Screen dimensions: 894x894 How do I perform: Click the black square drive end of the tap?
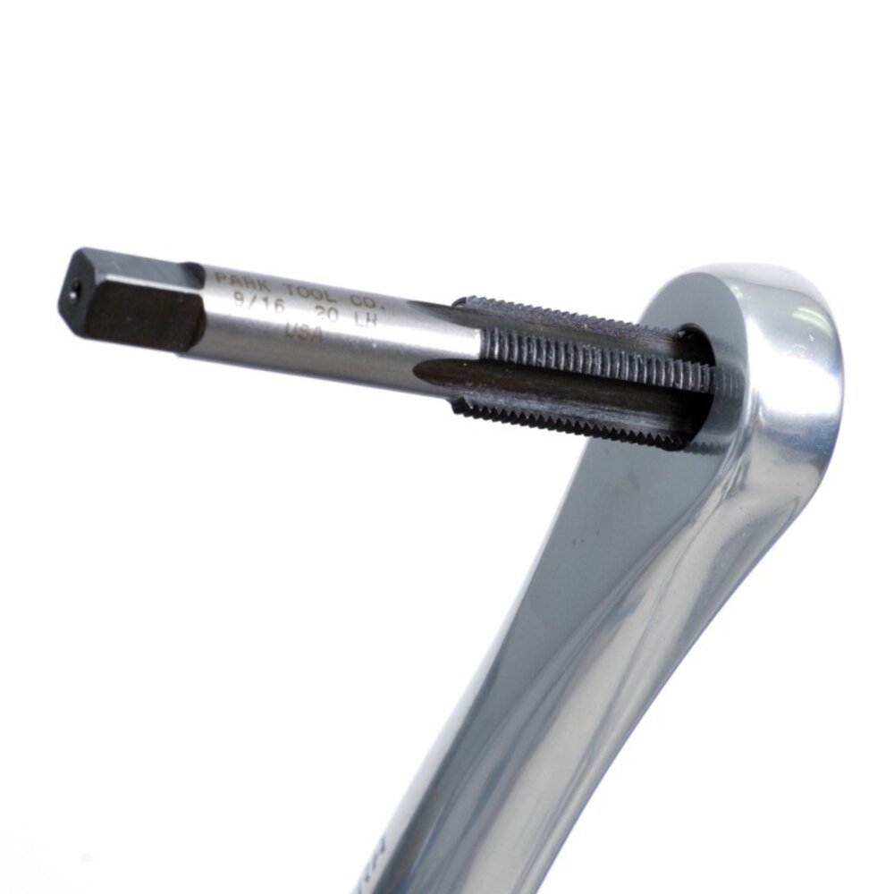pos(134,304)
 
